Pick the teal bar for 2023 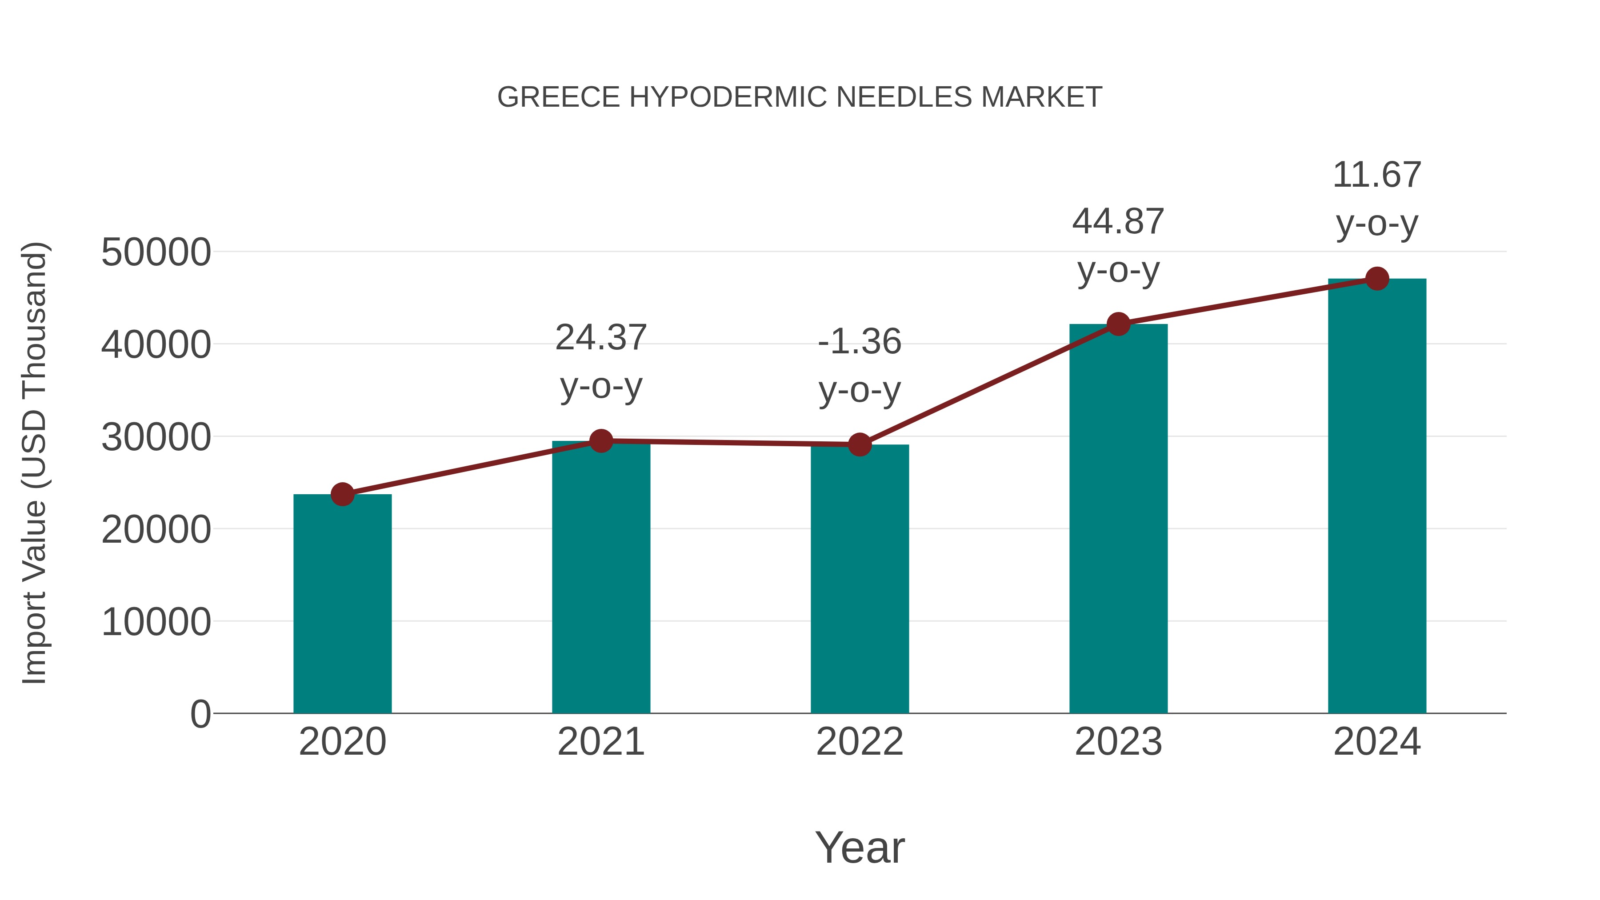[1118, 519]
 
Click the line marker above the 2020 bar [342, 494]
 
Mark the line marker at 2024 [1377, 279]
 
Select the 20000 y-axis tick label [156, 529]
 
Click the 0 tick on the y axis [200, 714]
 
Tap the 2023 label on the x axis [1118, 742]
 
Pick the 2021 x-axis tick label [600, 742]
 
